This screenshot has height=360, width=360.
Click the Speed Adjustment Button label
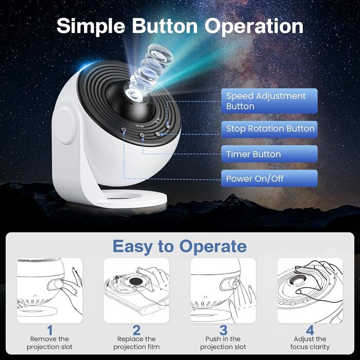click(269, 101)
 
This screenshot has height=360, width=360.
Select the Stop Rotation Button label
click(269, 129)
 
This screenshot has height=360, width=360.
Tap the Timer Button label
click(269, 154)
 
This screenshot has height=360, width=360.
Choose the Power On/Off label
click(269, 178)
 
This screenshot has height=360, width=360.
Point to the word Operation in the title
click(254, 26)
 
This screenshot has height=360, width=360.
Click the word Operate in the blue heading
click(213, 246)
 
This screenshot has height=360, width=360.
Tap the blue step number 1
click(50, 330)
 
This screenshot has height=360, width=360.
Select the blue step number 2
click(137, 330)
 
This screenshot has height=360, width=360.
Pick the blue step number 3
click(223, 330)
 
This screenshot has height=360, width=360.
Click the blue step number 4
click(310, 330)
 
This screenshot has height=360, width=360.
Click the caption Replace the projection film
click(137, 343)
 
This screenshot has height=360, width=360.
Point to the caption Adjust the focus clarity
click(310, 343)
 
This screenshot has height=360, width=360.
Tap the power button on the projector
click(124, 130)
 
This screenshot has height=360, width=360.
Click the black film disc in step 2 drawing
click(135, 281)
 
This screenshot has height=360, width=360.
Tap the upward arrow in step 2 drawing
click(117, 279)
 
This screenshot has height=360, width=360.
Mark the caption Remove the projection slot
click(50, 343)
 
